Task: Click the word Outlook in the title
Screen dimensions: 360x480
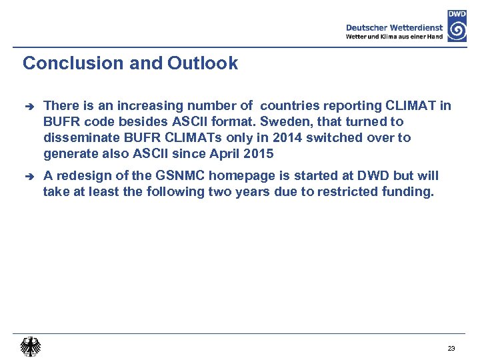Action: tap(203, 63)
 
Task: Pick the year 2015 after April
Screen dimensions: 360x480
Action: tap(259, 155)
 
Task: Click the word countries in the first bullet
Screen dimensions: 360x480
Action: tap(289, 105)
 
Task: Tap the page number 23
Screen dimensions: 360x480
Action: tap(451, 349)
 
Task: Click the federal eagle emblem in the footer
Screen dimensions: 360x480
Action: tap(30, 347)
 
